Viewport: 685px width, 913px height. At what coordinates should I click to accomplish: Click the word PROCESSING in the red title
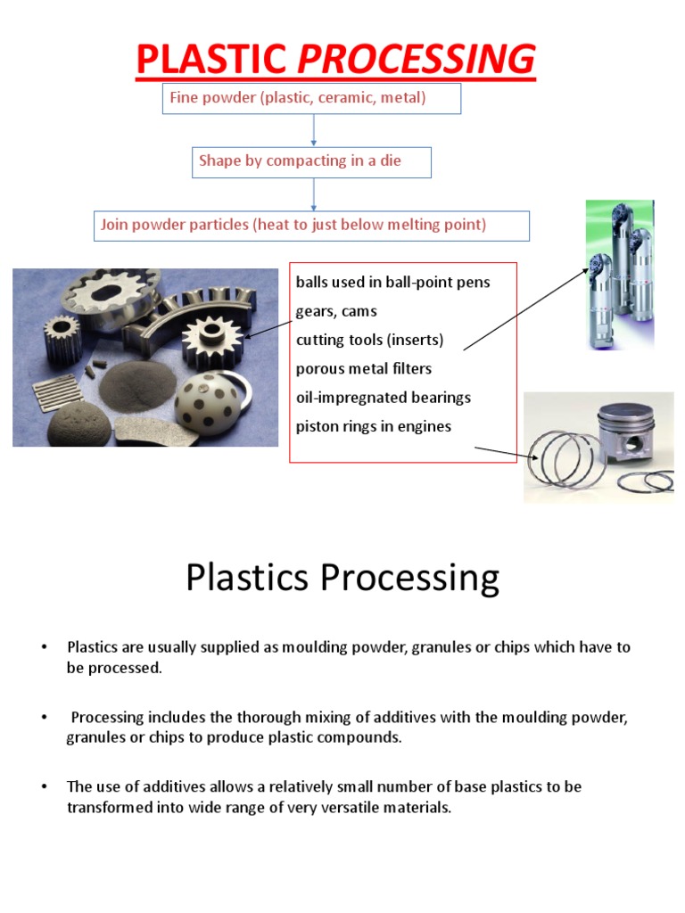(416, 59)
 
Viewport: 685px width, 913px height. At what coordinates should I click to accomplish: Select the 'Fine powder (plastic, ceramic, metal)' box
(311, 98)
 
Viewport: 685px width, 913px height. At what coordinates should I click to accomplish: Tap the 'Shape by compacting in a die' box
(312, 161)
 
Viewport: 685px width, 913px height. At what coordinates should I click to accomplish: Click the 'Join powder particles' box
(312, 225)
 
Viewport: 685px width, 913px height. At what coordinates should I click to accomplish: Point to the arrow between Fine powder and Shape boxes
(313, 130)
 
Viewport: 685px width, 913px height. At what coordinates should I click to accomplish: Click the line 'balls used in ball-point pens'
(393, 283)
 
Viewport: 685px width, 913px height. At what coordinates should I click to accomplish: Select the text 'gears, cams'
(336, 311)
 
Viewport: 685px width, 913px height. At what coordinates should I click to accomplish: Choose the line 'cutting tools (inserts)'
(369, 340)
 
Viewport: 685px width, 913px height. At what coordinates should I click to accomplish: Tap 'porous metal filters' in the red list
(364, 368)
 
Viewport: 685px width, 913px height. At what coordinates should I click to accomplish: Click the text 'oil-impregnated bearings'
(384, 397)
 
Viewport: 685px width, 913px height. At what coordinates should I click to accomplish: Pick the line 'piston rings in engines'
(374, 426)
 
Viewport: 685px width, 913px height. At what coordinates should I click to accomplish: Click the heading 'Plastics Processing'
(342, 578)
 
